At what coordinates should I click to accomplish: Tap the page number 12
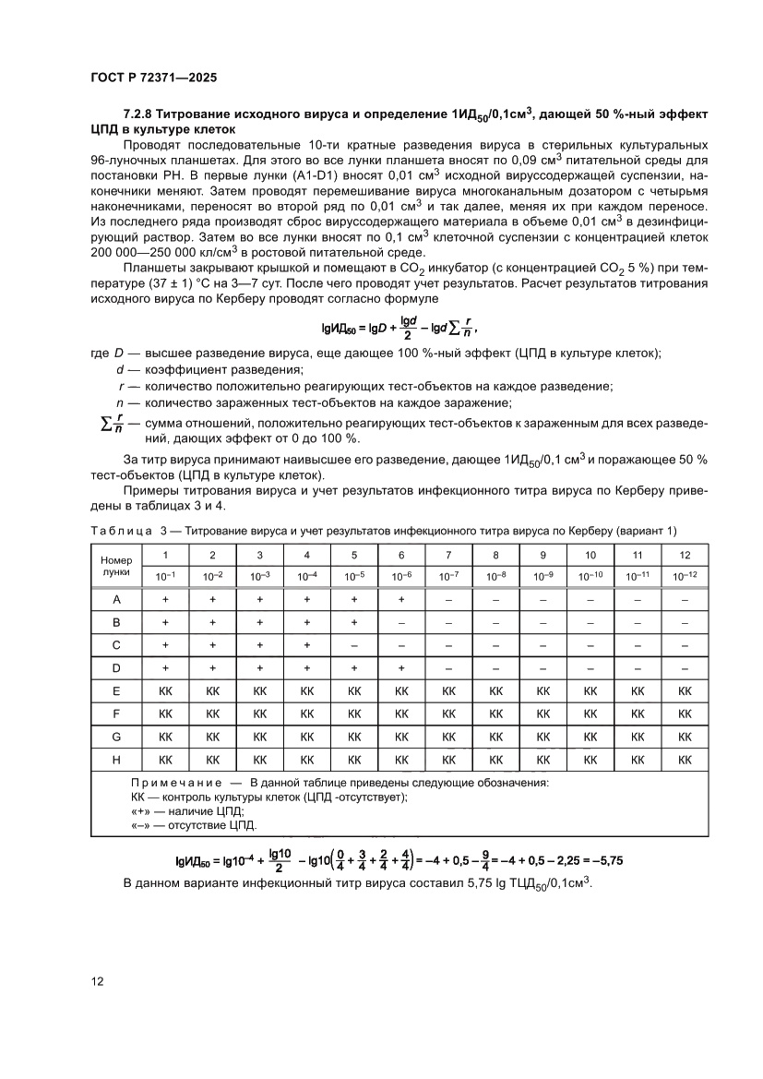pyautogui.click(x=97, y=980)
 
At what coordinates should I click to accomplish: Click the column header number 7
pyautogui.click(x=448, y=555)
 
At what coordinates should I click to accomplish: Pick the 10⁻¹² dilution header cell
pyautogui.click(x=685, y=576)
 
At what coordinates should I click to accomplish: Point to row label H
pyautogui.click(x=116, y=760)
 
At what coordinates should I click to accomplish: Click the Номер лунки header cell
pyautogui.click(x=116, y=566)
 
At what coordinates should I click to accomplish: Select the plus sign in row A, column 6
pyautogui.click(x=401, y=599)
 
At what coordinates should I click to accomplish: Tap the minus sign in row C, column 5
pyautogui.click(x=354, y=645)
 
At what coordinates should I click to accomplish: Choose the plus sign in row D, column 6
pyautogui.click(x=401, y=668)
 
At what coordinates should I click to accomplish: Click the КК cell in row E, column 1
pyautogui.click(x=165, y=690)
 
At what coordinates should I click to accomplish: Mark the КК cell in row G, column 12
pyautogui.click(x=685, y=737)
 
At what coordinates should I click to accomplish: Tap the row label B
pyautogui.click(x=116, y=622)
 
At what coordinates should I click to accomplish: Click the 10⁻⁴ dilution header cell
pyautogui.click(x=307, y=576)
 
